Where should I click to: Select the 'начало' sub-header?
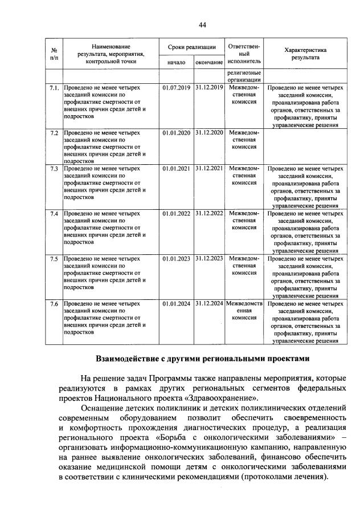point(176,61)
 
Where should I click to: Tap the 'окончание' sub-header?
point(209,61)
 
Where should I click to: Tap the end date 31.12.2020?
point(209,132)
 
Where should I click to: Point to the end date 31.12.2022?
point(209,214)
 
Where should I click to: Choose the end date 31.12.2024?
point(209,303)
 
